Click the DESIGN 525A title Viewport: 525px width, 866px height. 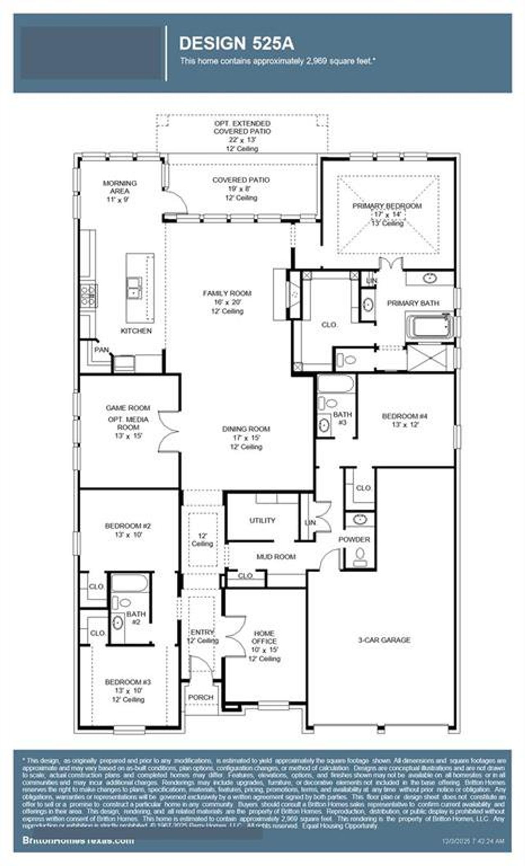(x=237, y=44)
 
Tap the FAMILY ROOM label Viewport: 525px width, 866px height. (x=227, y=293)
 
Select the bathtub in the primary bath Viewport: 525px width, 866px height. (x=429, y=326)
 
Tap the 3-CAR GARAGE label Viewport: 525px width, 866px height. (x=384, y=639)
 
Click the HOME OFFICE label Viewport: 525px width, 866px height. (x=264, y=637)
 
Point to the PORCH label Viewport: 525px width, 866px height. (x=201, y=697)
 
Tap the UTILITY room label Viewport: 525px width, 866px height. (x=262, y=520)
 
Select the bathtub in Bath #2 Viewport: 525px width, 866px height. (x=129, y=583)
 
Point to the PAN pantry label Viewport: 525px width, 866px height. (x=102, y=350)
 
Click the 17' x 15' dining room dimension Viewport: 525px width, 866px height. (x=246, y=438)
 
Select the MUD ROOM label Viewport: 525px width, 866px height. (x=276, y=557)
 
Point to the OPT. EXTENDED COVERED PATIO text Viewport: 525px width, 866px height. (x=242, y=127)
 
